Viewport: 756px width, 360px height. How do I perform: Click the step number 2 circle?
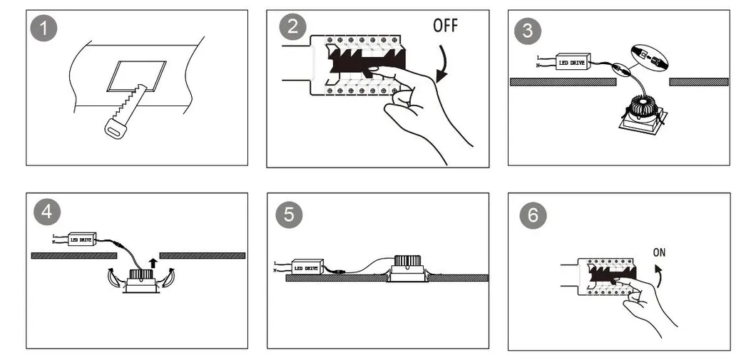coord(293,29)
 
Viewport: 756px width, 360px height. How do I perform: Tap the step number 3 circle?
coord(528,31)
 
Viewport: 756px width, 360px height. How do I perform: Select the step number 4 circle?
coord(46,211)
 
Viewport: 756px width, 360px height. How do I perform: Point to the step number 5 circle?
coord(288,214)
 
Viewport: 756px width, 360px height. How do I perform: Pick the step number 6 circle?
coord(533,215)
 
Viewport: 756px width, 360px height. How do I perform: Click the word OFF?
coord(445,26)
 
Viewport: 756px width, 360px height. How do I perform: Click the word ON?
coord(660,253)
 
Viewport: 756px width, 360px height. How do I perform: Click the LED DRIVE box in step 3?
coord(573,63)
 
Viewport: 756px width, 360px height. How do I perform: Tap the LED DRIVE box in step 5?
coord(307,268)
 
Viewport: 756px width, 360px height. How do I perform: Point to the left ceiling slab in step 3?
coord(563,82)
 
